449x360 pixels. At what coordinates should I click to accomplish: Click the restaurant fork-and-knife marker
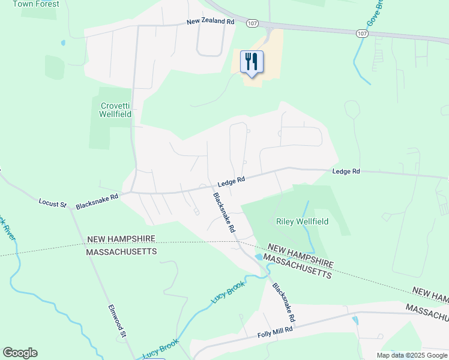tap(252, 62)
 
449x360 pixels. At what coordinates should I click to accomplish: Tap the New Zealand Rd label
tap(210, 21)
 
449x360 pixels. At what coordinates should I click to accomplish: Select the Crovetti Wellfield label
tap(115, 109)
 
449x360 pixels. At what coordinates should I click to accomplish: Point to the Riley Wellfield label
tap(302, 221)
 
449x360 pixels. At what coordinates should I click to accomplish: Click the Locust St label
tap(52, 203)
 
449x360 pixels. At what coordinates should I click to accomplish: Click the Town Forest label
tap(36, 4)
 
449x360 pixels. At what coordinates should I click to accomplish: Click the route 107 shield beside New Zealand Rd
tap(252, 22)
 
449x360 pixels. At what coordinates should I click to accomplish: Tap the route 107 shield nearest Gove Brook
tap(361, 34)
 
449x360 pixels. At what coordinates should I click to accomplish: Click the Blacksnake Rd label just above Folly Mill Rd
tap(284, 301)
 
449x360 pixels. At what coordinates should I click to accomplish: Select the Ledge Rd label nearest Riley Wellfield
tap(346, 172)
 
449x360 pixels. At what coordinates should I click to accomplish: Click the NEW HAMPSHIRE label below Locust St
tap(122, 239)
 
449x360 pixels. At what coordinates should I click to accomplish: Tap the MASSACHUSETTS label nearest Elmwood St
tap(122, 251)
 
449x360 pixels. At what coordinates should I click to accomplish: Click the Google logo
tap(20, 353)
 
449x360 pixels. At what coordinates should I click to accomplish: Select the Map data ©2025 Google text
tap(412, 355)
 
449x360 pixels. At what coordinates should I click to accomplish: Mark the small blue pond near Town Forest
tap(62, 43)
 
